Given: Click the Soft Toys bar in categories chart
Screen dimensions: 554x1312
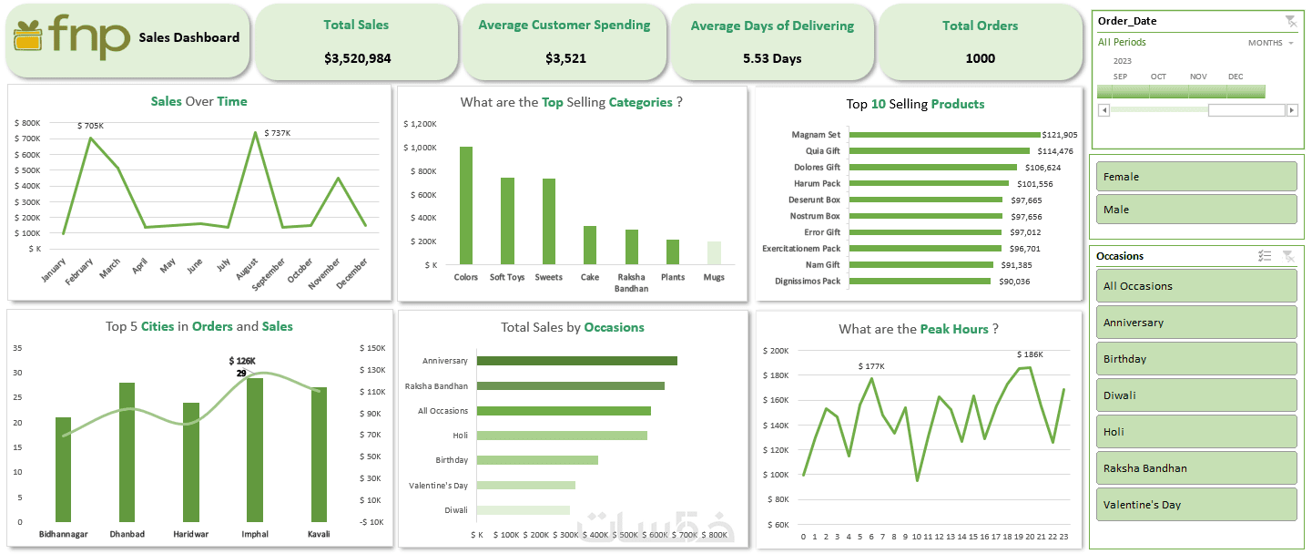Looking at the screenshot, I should tap(507, 221).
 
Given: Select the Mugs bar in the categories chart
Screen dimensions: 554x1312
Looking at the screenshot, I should tap(714, 252).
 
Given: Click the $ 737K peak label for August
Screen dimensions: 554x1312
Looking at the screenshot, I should tap(277, 133).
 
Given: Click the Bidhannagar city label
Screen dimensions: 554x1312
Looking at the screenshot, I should tap(64, 534).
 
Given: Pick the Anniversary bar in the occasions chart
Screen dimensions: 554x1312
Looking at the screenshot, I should tap(576, 361).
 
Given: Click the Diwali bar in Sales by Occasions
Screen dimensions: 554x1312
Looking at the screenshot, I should tap(523, 510).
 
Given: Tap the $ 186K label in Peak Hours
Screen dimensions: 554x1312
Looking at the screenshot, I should tap(1030, 354).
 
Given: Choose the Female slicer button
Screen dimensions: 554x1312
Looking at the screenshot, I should tap(1195, 177).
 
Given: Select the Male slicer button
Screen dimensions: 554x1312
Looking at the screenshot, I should tap(1195, 210).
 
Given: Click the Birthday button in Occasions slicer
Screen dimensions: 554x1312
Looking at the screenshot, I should tap(1195, 359).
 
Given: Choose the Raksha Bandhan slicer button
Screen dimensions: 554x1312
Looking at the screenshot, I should tap(1195, 468).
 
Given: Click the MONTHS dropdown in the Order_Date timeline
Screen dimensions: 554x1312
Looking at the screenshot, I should tap(1271, 43).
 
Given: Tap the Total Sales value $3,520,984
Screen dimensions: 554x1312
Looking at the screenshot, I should tap(357, 58).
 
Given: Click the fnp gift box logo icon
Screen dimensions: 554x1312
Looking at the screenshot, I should tap(28, 36).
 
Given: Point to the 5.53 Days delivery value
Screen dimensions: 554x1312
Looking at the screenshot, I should tap(772, 58).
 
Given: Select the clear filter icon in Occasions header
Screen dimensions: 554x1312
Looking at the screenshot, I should tap(1287, 256).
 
